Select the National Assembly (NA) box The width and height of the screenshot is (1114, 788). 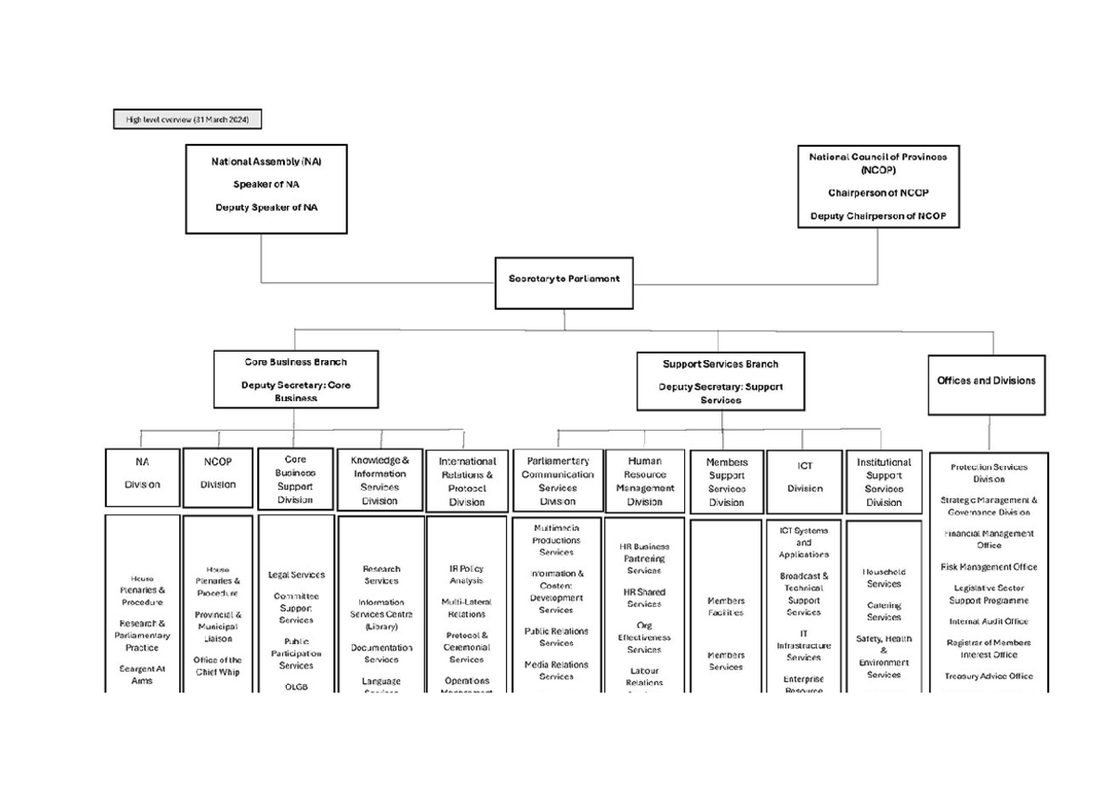(x=266, y=188)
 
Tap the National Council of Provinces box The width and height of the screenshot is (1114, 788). (x=878, y=187)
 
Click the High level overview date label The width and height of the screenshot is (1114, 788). (x=188, y=120)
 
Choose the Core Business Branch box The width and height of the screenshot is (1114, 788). (x=296, y=379)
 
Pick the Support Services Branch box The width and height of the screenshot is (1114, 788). (x=720, y=381)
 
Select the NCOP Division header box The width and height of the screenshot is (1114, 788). (x=218, y=478)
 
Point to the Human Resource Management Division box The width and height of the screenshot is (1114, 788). (x=644, y=482)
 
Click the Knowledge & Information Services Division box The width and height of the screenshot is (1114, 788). (x=379, y=481)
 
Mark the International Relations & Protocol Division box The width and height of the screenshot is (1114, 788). (x=467, y=482)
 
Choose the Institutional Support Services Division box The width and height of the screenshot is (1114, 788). (x=884, y=482)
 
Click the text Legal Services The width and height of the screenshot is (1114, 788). (x=296, y=575)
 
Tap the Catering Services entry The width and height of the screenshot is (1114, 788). (x=884, y=612)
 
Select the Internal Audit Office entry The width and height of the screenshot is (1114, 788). (x=988, y=622)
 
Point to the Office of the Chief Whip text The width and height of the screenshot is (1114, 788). (x=217, y=665)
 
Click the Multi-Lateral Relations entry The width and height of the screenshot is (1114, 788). (x=467, y=608)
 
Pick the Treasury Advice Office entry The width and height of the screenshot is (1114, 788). (x=988, y=677)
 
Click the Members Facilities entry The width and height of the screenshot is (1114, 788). (x=725, y=607)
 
